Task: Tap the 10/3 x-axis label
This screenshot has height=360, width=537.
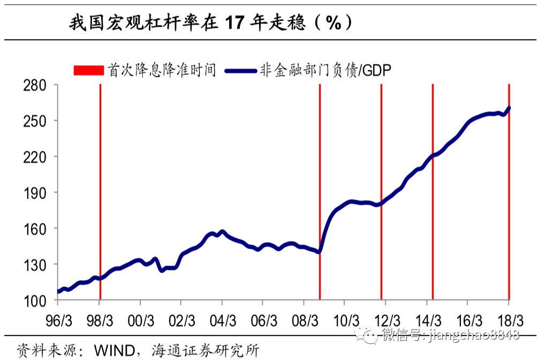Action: (346, 320)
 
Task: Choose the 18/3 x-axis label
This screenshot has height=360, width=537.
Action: (509, 320)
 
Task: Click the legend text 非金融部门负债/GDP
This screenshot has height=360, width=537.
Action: (324, 70)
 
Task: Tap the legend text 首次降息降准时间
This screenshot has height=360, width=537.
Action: (162, 70)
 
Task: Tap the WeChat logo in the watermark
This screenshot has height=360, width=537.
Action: (369, 335)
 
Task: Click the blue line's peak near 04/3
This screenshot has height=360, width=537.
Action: (222, 232)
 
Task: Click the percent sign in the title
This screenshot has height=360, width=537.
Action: (332, 23)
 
